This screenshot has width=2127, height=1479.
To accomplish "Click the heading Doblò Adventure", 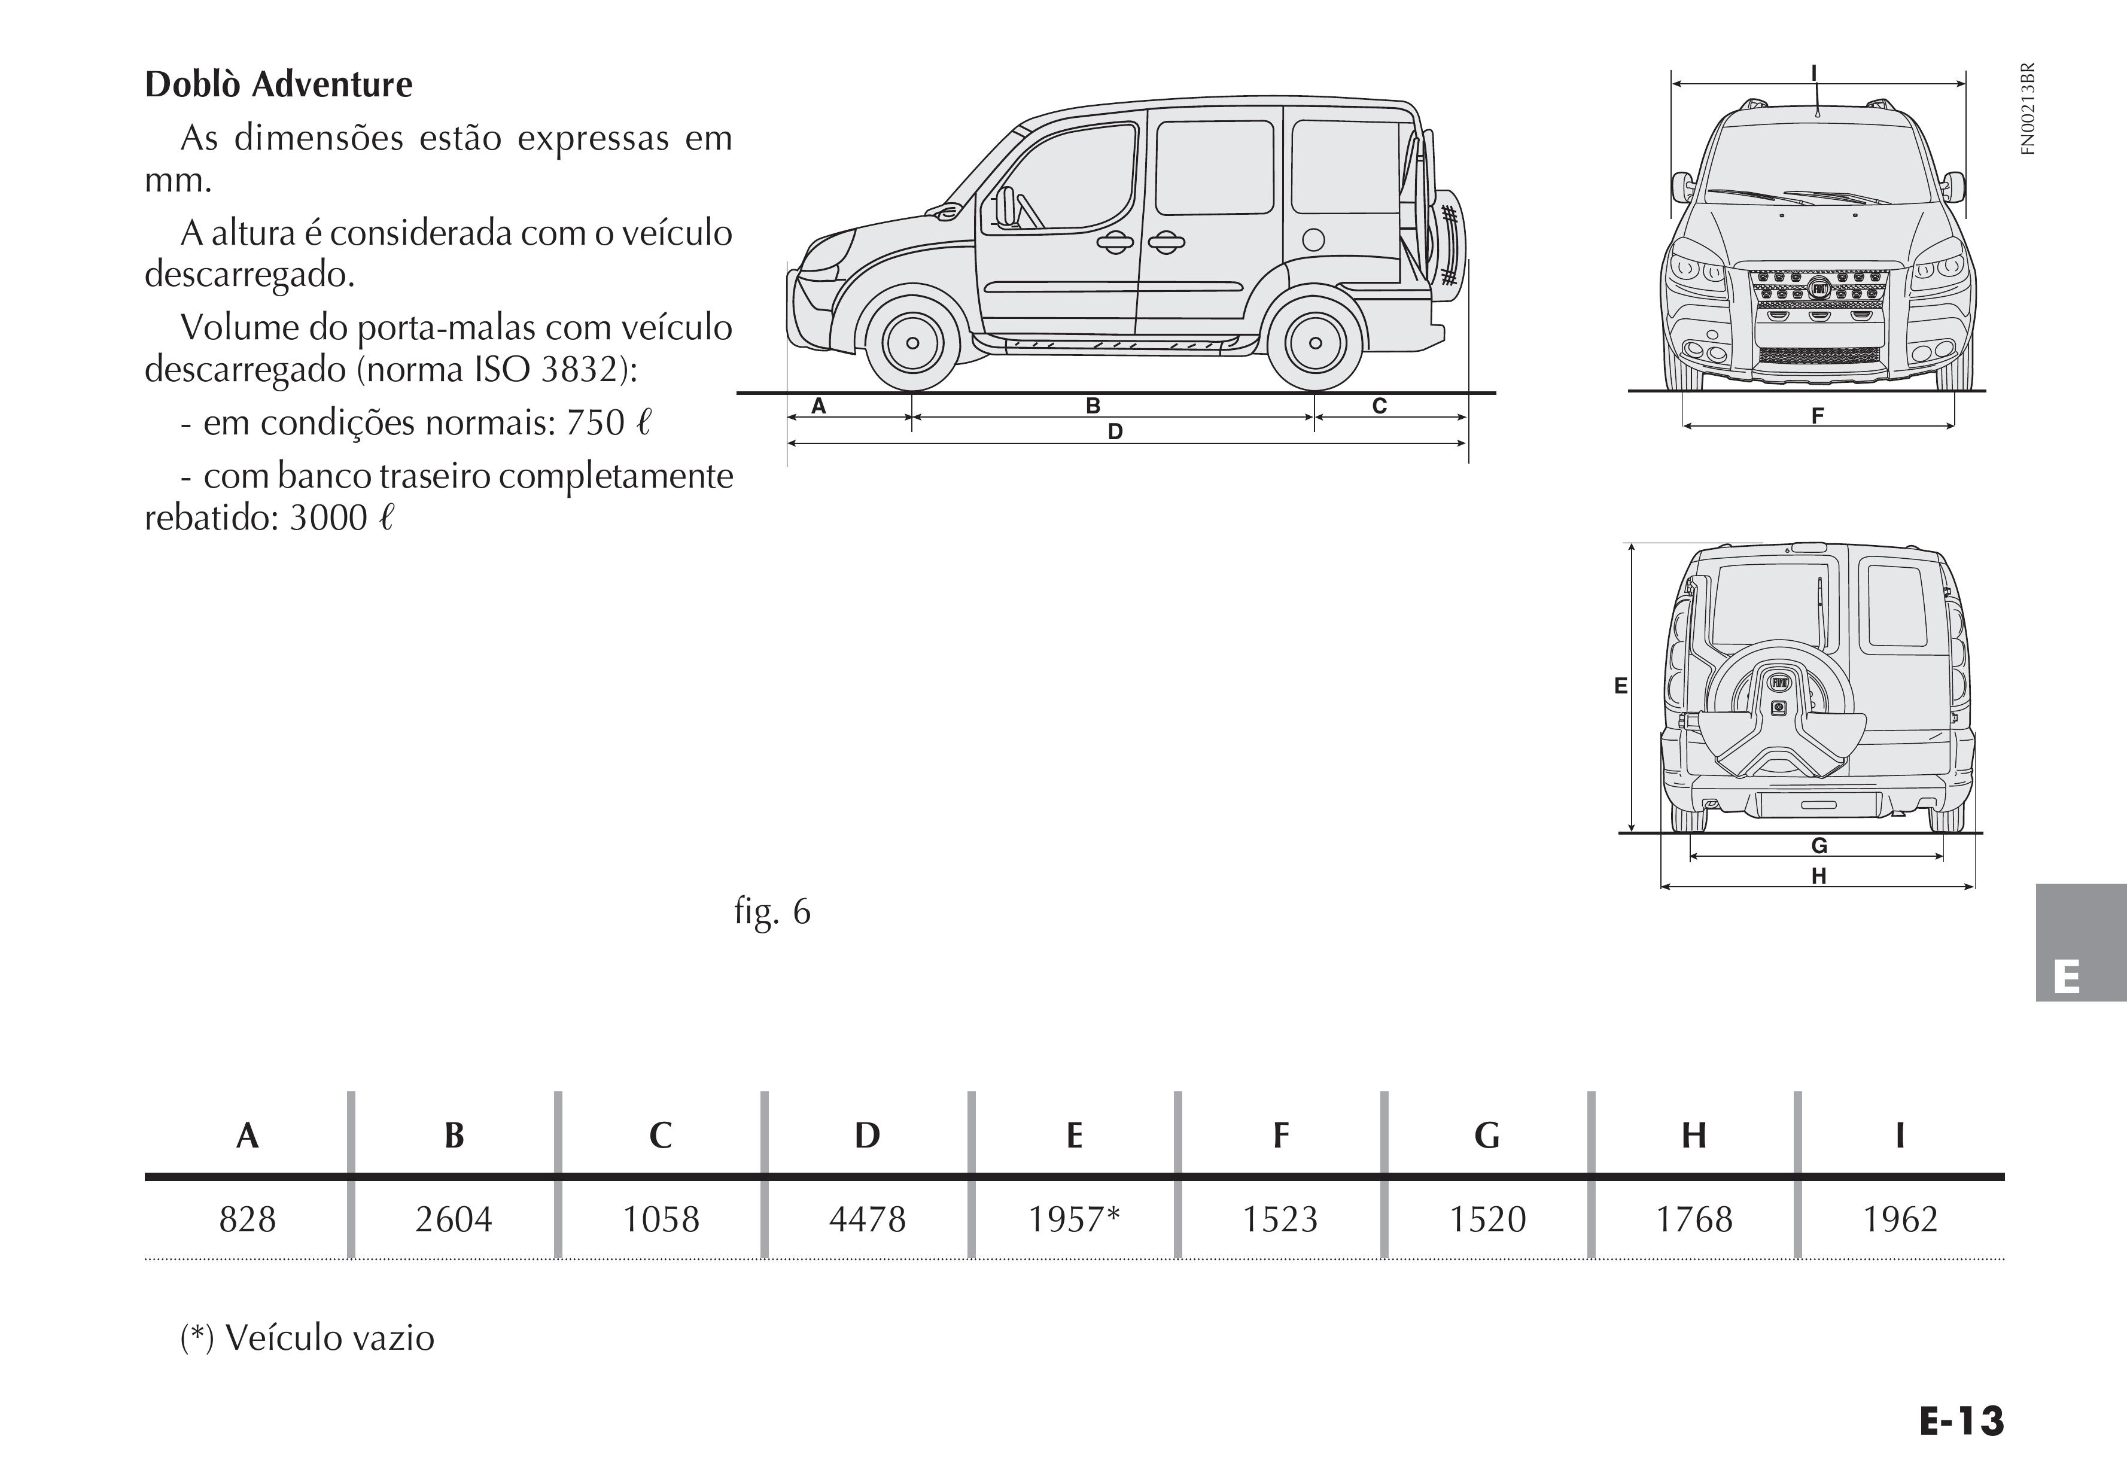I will coord(279,84).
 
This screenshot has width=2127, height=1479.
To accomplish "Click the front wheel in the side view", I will coord(912,343).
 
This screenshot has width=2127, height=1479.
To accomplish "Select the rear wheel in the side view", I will coord(1316,343).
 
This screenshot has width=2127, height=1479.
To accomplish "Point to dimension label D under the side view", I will coord(1115,431).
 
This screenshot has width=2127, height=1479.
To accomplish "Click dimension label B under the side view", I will coord(1093,406).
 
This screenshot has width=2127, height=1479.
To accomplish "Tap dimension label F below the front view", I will coord(1818,416).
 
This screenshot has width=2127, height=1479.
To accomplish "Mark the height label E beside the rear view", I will coord(1620,685).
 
